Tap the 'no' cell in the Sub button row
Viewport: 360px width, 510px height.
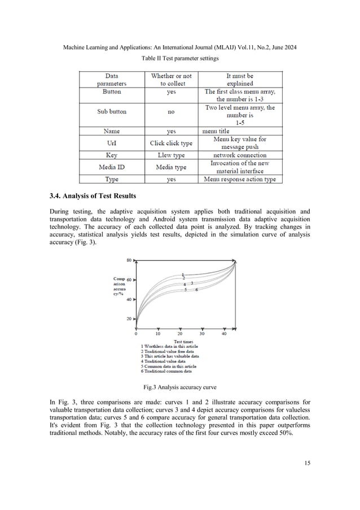(x=171, y=112)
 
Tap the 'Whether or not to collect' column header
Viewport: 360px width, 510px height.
(x=171, y=80)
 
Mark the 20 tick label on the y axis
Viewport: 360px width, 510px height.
(x=128, y=319)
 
